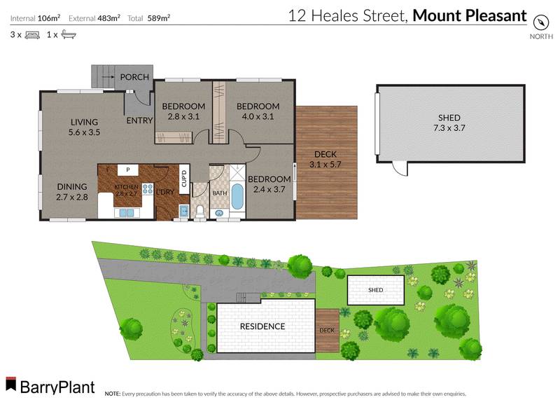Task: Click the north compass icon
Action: [x=540, y=22]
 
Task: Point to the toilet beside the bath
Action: [x=199, y=209]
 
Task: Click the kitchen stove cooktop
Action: [x=148, y=188]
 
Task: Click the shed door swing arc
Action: [x=398, y=169]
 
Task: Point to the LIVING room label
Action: [x=84, y=122]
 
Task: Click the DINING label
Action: [x=73, y=186]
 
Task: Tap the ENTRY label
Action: [x=139, y=120]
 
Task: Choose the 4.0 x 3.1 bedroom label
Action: [x=258, y=111]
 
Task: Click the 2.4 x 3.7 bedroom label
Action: [x=269, y=184]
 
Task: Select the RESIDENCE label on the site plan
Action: [x=262, y=326]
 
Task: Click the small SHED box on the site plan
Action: [x=377, y=289]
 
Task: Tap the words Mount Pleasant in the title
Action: [x=470, y=15]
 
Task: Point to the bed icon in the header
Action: [x=32, y=34]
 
